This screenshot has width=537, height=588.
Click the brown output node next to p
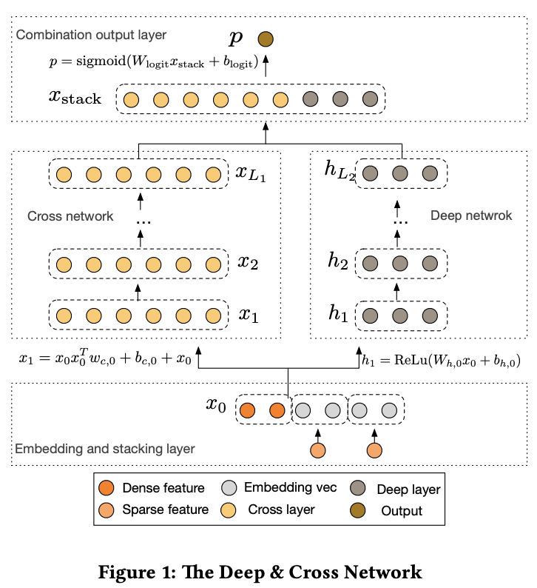[x=265, y=40]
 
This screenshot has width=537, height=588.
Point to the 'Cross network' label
[x=70, y=216]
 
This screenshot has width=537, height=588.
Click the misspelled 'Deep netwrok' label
[x=460, y=216]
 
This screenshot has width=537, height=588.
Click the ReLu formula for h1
[x=442, y=361]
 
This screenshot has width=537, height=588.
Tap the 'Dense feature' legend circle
[x=106, y=488]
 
